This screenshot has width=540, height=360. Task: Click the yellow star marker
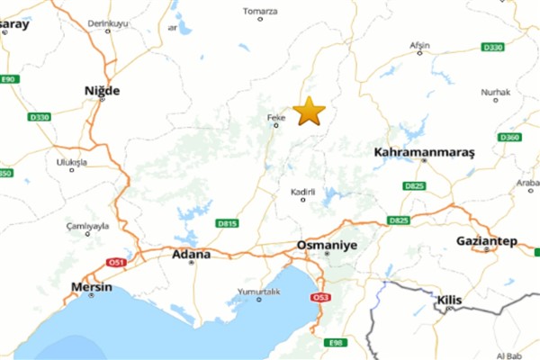tap(309, 111)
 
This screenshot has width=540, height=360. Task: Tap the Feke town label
tap(276, 117)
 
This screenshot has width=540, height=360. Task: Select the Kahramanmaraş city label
tap(423, 153)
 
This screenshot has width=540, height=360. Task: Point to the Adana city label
tap(191, 254)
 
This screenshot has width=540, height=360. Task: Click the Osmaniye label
tap(327, 245)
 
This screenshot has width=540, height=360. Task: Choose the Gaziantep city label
tap(486, 242)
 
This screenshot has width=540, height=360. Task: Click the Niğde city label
tap(101, 90)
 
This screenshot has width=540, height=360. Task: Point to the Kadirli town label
tap(302, 193)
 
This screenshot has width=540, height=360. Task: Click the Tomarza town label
tap(261, 12)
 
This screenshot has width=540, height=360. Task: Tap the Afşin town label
tap(419, 44)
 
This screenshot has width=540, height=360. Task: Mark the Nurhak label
tap(495, 92)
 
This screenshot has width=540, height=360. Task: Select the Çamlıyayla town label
tap(87, 225)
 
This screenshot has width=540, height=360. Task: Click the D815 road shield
tap(226, 223)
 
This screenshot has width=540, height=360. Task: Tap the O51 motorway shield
tap(115, 262)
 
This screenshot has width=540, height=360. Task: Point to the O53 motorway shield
tap(320, 297)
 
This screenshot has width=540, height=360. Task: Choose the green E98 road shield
tap(337, 342)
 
